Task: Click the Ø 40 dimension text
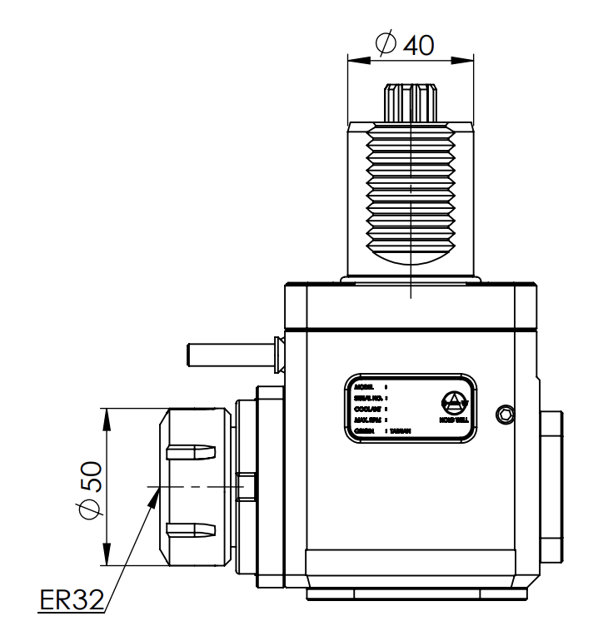coord(406,44)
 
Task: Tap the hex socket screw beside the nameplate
coord(505,414)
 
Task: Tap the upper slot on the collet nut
coord(192,452)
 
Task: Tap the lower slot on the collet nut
coord(192,529)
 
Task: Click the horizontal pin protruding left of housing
coord(229,353)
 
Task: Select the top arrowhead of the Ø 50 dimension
coord(107,416)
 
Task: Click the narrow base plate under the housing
coord(416,594)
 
